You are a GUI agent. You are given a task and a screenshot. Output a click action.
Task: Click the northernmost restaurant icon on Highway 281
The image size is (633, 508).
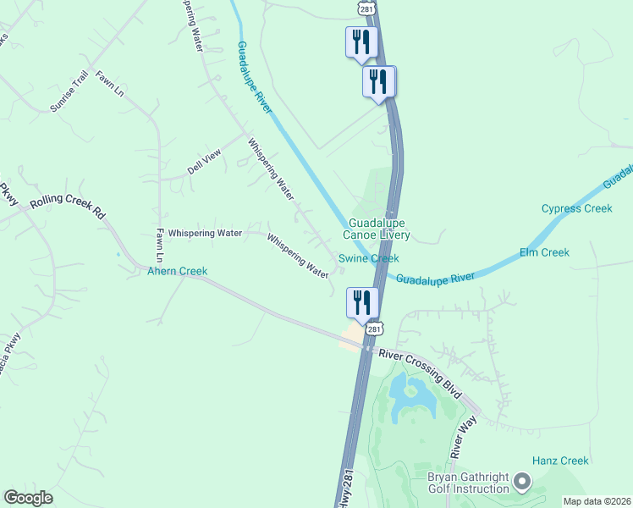coord(361,41)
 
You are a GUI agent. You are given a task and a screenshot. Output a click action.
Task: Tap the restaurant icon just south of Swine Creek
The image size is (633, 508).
coord(361,302)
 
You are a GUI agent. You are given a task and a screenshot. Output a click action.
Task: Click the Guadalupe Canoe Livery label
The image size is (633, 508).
coord(377,229)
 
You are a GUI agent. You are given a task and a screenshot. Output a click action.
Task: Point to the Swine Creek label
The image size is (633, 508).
coord(368,258)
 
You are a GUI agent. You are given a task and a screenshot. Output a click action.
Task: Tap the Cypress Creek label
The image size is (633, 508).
coord(576,208)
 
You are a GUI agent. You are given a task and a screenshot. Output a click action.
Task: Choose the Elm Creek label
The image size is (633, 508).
coord(544,252)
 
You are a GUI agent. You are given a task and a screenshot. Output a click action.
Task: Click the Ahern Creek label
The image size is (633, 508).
coord(177,271)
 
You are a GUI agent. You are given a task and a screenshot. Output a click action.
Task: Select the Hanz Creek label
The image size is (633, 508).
coord(560,461)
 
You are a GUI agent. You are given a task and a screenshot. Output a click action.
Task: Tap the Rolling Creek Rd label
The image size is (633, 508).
coord(67,208)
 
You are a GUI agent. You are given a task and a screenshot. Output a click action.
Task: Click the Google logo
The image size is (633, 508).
coord(28,498)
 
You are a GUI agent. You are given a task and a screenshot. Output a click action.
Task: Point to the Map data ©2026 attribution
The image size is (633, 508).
coord(597,501)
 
